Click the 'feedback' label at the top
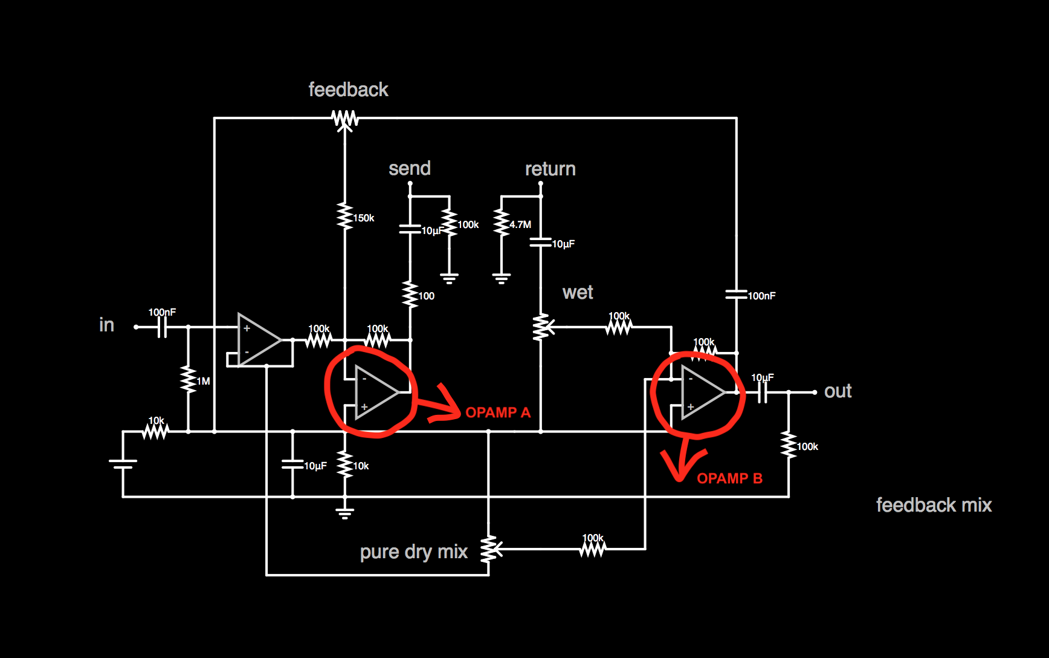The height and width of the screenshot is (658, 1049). click(x=348, y=90)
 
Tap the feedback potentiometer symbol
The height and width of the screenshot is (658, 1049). click(x=345, y=119)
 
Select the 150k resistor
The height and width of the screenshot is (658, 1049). click(x=345, y=217)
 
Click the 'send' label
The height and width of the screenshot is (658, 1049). click(x=410, y=168)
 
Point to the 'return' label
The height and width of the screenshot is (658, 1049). click(x=550, y=169)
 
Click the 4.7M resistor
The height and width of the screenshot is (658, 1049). click(x=502, y=223)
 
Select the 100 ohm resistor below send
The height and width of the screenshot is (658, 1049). click(x=410, y=295)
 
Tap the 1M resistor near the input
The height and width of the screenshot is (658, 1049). click(x=189, y=379)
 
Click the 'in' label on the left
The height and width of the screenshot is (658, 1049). click(x=106, y=325)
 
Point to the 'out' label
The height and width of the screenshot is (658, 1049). click(x=838, y=391)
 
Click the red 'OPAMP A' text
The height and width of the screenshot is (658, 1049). click(x=498, y=412)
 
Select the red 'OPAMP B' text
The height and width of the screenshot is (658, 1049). click(x=729, y=478)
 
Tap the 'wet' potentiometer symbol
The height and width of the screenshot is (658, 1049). click(x=541, y=327)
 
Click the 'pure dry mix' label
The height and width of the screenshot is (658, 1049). click(x=413, y=552)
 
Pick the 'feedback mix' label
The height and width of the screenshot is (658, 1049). click(x=934, y=505)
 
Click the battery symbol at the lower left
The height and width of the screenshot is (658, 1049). click(x=123, y=464)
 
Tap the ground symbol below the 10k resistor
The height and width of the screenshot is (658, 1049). click(x=345, y=513)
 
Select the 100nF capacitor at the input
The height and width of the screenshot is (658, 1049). click(x=162, y=327)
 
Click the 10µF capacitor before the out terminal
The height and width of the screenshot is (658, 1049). click(x=762, y=393)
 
